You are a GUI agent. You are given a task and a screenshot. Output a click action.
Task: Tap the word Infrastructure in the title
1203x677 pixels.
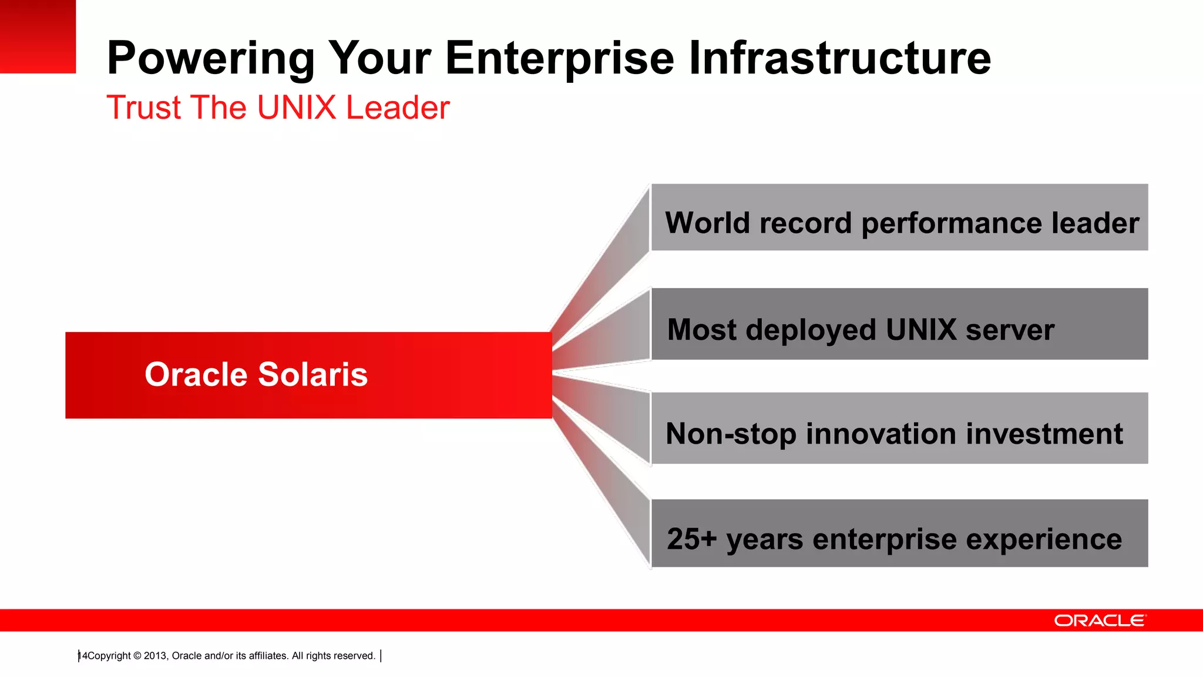pyautogui.click(x=839, y=59)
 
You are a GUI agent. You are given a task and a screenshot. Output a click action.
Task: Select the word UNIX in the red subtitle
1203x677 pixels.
pyautogui.click(x=296, y=108)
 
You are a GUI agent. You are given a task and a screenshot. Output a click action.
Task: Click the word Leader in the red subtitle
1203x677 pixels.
pyautogui.click(x=398, y=108)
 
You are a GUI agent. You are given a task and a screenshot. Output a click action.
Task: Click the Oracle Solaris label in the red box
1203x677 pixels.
pyautogui.click(x=256, y=374)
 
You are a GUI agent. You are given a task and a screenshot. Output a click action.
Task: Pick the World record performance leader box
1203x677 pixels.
pyautogui.click(x=899, y=217)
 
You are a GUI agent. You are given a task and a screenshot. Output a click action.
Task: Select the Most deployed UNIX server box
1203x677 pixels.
pyautogui.click(x=899, y=324)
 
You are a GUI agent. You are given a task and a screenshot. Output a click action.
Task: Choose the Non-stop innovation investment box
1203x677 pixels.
pyautogui.click(x=899, y=428)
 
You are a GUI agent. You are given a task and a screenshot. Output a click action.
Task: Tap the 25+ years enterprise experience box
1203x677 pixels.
pyautogui.click(x=899, y=533)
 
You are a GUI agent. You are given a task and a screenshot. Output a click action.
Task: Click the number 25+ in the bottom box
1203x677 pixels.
pyautogui.click(x=691, y=539)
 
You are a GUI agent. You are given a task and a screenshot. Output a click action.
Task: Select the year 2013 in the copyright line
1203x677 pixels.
pyautogui.click(x=155, y=656)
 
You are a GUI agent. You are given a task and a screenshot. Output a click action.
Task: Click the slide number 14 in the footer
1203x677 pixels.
pyautogui.click(x=82, y=656)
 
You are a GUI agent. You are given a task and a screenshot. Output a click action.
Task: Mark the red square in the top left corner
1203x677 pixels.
pyautogui.click(x=38, y=36)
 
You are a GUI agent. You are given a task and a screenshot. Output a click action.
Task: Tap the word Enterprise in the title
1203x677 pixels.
pyautogui.click(x=560, y=59)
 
